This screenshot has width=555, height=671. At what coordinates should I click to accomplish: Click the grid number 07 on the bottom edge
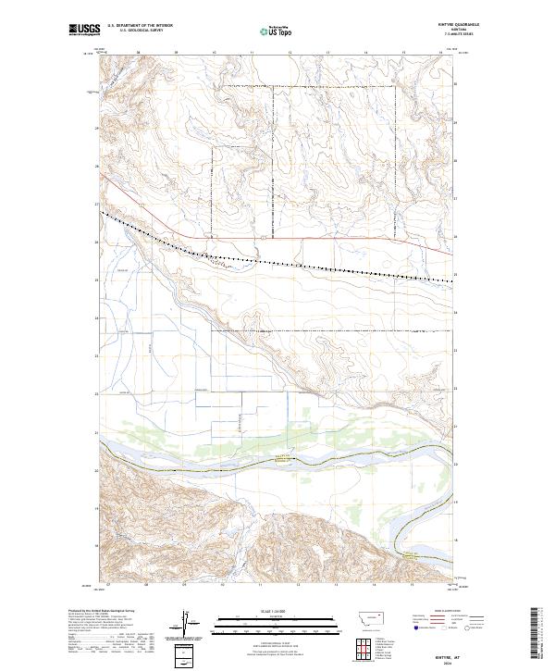[x=108, y=585]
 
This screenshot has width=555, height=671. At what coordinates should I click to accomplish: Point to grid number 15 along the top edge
[x=402, y=53]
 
